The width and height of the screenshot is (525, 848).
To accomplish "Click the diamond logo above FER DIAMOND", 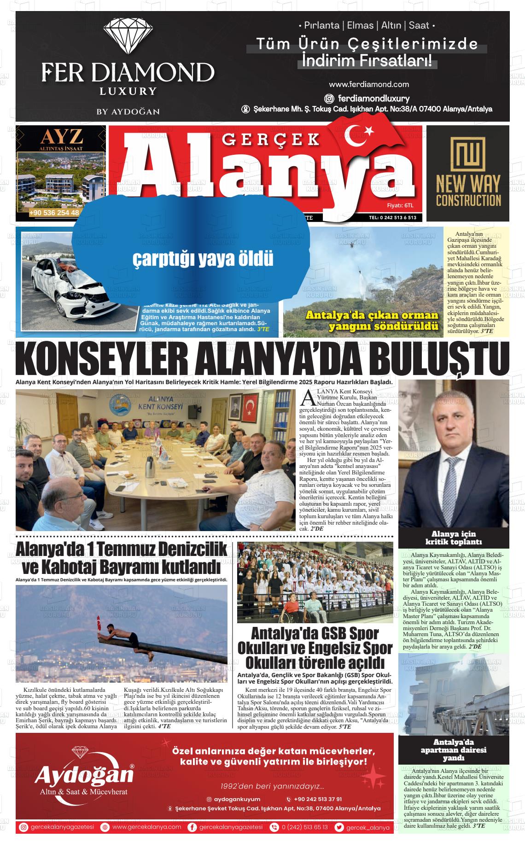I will point(128,37).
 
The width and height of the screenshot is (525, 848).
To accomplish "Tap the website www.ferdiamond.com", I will point(369,84).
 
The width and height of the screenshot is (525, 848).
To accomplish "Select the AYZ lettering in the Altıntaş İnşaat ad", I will point(61,137).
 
